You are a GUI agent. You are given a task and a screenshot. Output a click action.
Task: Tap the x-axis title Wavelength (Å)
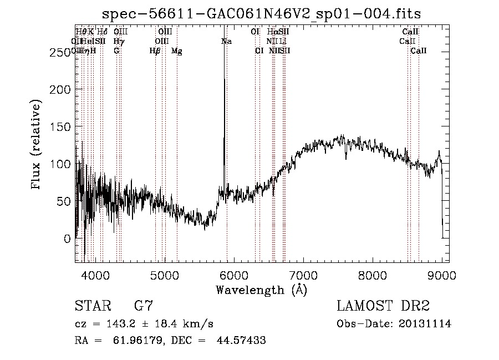[262, 290]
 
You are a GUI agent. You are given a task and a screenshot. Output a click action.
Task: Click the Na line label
[226, 41]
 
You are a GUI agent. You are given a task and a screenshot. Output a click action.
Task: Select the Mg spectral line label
[177, 51]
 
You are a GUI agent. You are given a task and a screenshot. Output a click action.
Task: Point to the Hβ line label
[155, 51]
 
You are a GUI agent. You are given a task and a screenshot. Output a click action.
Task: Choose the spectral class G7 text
[143, 306]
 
